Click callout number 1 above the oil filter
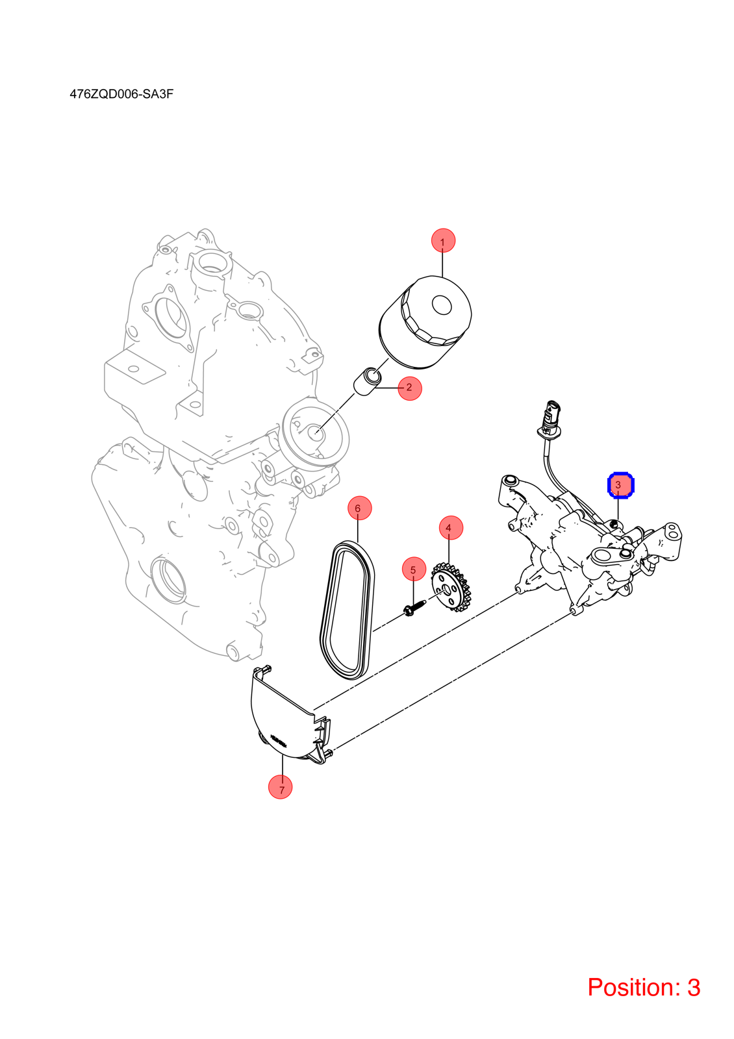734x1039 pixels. (443, 241)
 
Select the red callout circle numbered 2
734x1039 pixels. (410, 388)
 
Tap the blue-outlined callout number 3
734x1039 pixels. (621, 485)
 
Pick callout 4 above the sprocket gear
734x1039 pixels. (451, 528)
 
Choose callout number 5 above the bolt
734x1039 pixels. (414, 569)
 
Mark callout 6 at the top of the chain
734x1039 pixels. (360, 508)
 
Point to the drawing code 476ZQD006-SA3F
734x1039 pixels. (121, 94)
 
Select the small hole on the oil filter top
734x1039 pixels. (442, 305)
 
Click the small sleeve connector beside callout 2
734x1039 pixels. (368, 381)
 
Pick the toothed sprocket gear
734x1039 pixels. (451, 587)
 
